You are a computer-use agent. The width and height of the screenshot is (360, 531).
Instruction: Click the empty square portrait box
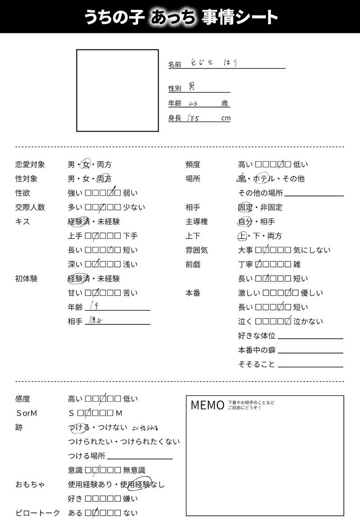(117, 90)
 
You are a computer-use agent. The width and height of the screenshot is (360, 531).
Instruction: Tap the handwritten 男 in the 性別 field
(192, 88)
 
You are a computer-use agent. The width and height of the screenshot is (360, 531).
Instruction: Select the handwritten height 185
(195, 118)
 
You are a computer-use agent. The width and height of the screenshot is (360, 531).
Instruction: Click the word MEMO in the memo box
(207, 405)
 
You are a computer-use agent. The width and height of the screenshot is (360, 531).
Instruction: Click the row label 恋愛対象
(30, 165)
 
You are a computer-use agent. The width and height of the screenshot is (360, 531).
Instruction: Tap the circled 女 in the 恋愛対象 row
(86, 165)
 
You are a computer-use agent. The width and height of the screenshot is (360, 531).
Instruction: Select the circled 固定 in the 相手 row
(245, 208)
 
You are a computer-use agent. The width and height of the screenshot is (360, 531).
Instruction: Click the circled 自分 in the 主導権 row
(245, 222)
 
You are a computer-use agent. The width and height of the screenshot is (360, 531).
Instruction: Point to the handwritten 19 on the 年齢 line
(94, 306)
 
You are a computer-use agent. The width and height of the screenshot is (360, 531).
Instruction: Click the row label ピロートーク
(38, 513)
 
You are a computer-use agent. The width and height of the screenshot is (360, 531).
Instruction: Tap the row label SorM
(27, 413)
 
